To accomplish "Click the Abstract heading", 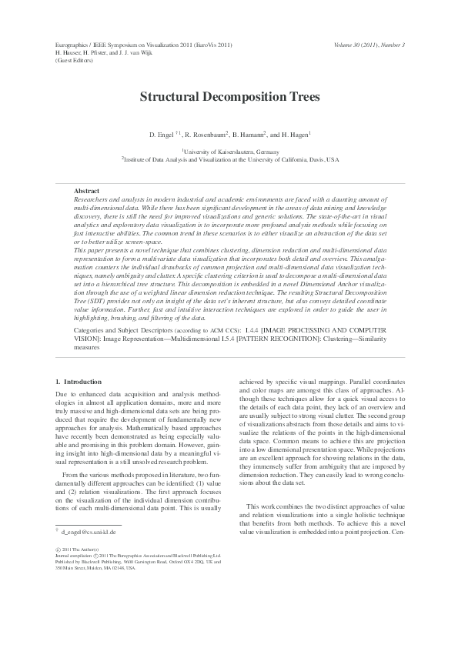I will [x=86, y=190].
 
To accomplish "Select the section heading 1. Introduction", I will [x=79, y=382].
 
